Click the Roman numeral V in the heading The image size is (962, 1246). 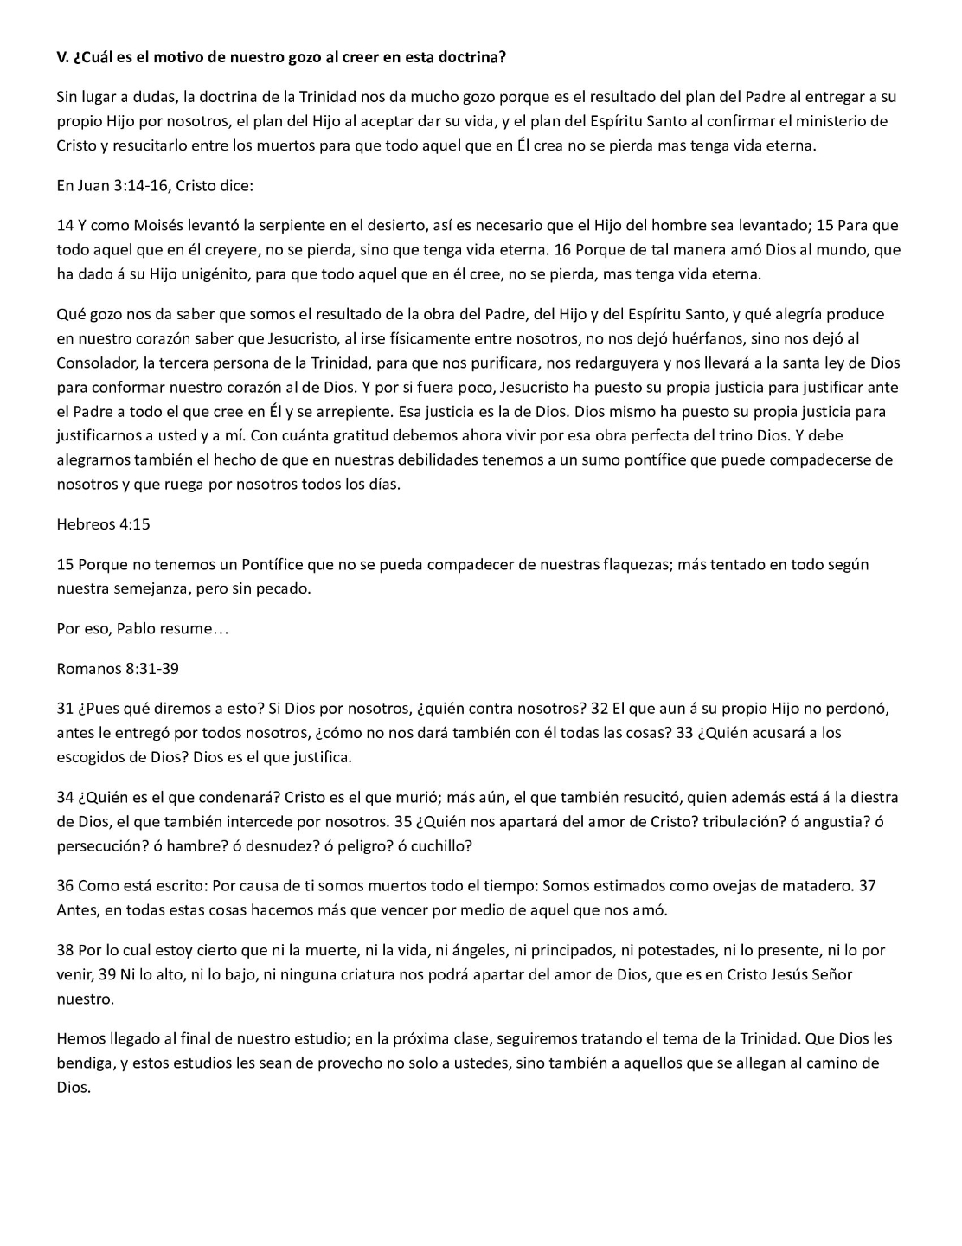tap(61, 58)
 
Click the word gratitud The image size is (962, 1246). tap(381, 435)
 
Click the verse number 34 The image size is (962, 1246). tap(65, 797)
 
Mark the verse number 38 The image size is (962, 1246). tap(65, 950)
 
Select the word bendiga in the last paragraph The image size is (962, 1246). tap(84, 1063)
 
